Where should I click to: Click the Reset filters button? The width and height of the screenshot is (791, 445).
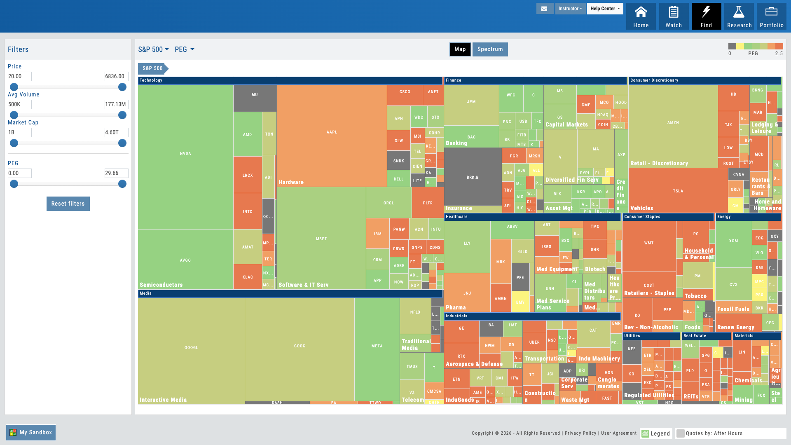68,204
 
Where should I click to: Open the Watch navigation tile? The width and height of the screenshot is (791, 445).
674,16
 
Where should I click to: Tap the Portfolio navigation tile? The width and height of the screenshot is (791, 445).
771,16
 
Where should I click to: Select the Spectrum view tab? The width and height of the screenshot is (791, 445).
490,49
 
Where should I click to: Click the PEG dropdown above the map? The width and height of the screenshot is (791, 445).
184,49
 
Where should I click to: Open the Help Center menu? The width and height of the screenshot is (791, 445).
605,9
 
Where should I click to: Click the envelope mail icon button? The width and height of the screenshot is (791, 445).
545,9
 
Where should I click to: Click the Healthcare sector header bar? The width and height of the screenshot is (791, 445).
532,217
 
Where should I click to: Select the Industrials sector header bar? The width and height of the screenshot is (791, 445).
532,316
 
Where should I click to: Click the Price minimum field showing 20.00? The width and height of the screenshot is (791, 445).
19,76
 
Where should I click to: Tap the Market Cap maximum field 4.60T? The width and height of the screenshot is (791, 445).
116,132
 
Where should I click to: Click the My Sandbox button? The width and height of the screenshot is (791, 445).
31,433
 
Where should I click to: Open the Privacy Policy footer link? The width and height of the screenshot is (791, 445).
580,433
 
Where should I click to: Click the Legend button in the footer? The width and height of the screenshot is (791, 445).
656,433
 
